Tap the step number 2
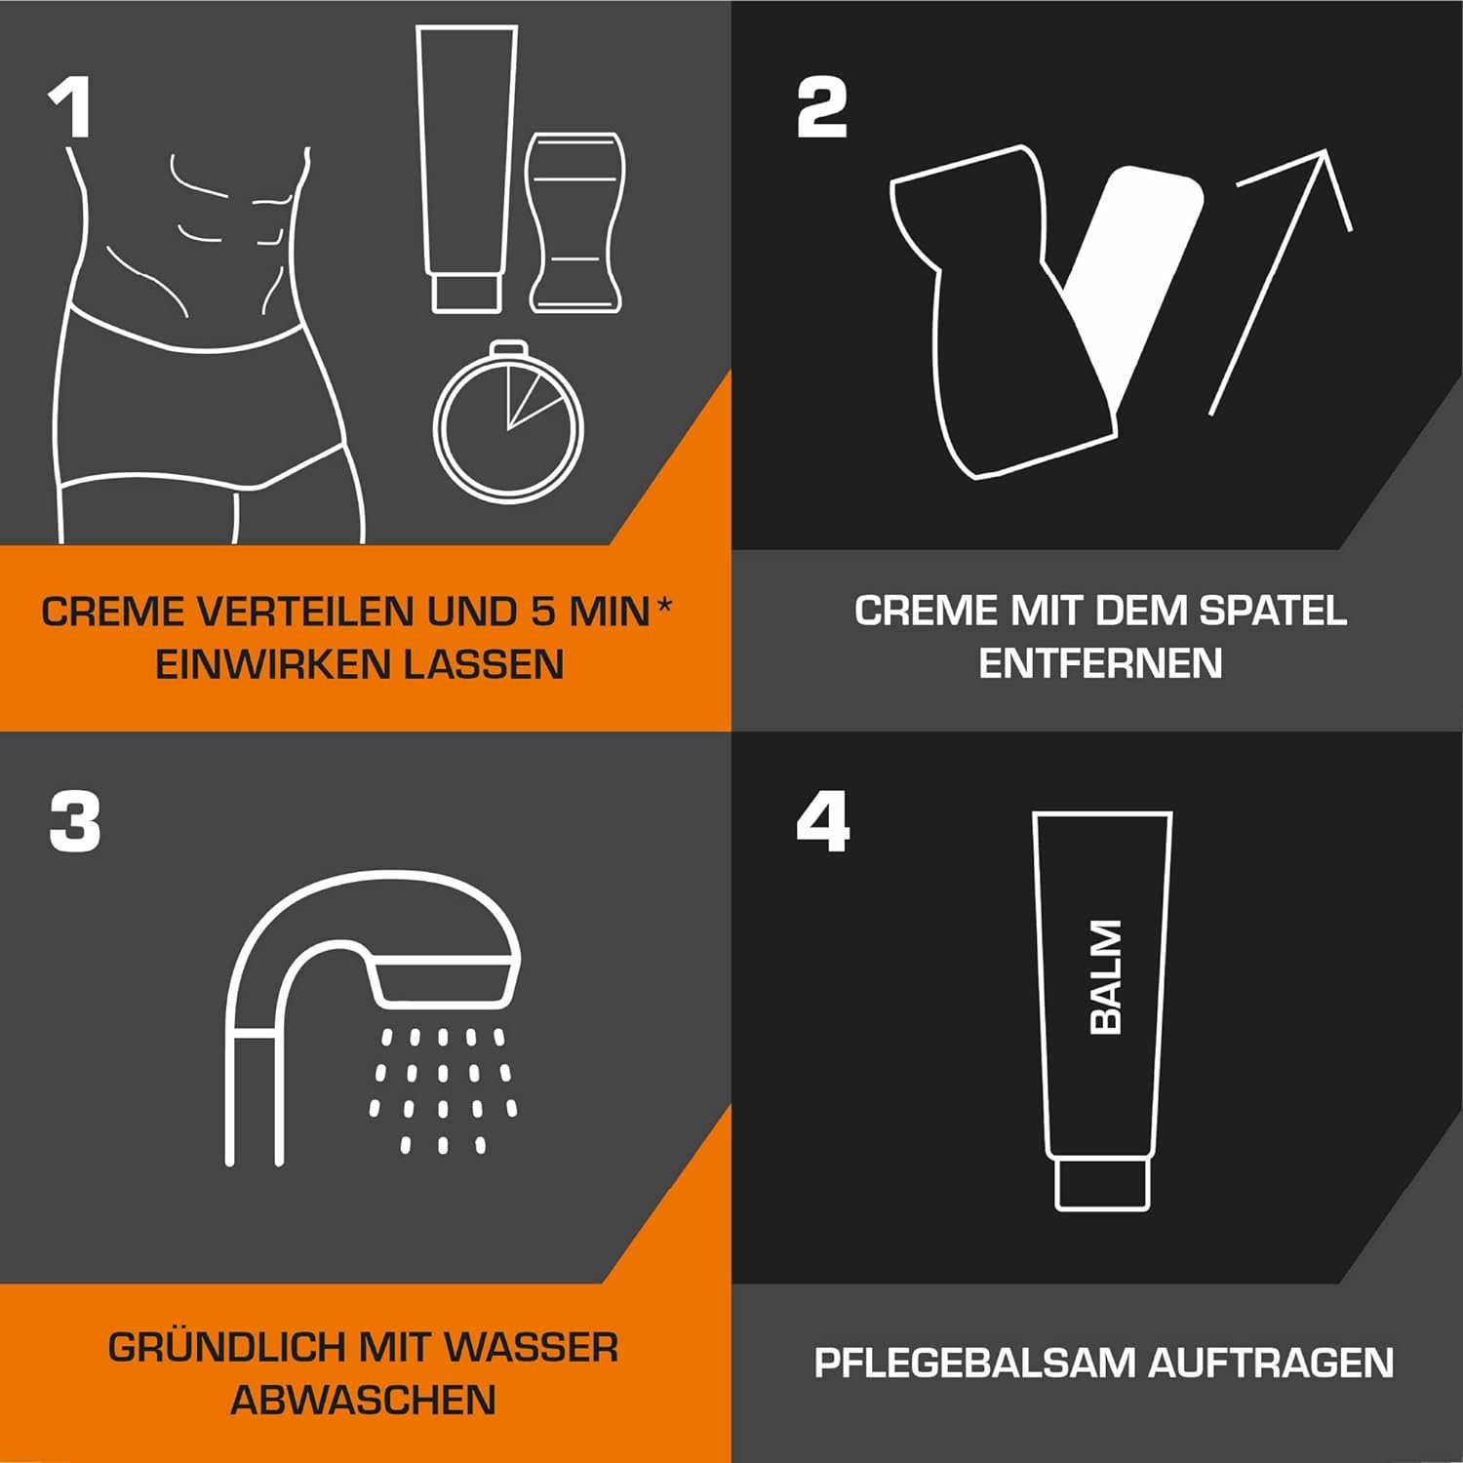[x=822, y=108]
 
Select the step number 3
[x=75, y=821]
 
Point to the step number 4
[x=822, y=821]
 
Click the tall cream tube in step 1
[x=466, y=166]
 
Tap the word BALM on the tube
[x=1105, y=976]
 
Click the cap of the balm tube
[x=1102, y=1183]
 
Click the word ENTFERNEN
[x=1100, y=664]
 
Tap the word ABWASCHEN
[x=363, y=1401]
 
